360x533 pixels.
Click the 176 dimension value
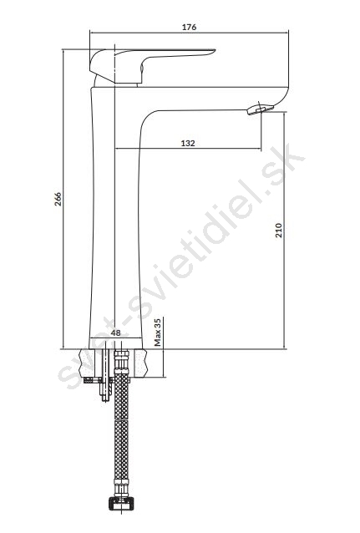[189, 27]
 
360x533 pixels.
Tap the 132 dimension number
[188, 143]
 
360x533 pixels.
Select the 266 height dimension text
[58, 199]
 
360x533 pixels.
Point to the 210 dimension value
[279, 230]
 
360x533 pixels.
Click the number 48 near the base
[116, 332]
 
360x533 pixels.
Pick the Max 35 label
[157, 332]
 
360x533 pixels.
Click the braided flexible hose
[121, 425]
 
